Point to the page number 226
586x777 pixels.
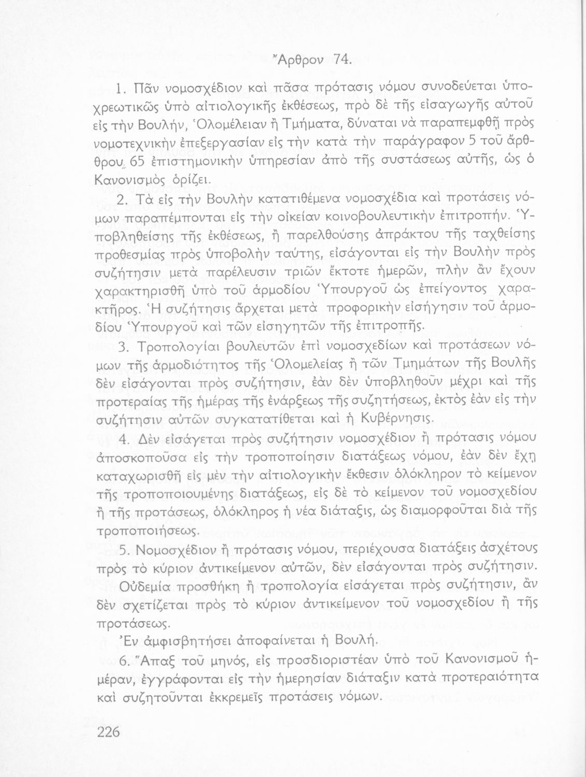tap(108, 732)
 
